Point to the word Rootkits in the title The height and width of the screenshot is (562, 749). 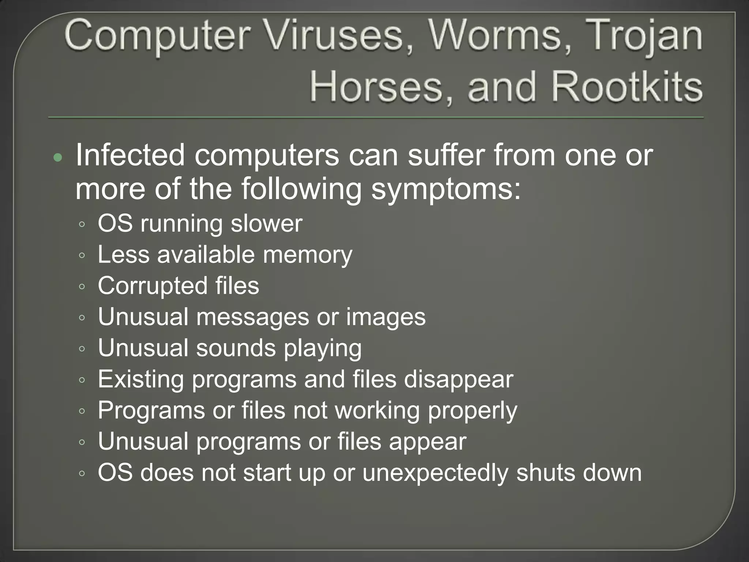click(627, 87)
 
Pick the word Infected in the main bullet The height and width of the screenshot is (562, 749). click(130, 155)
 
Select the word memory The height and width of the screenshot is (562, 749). click(308, 255)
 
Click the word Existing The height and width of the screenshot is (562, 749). click(141, 379)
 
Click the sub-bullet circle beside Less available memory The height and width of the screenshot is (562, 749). click(82, 255)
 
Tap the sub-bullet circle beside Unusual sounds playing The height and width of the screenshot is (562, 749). click(82, 349)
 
